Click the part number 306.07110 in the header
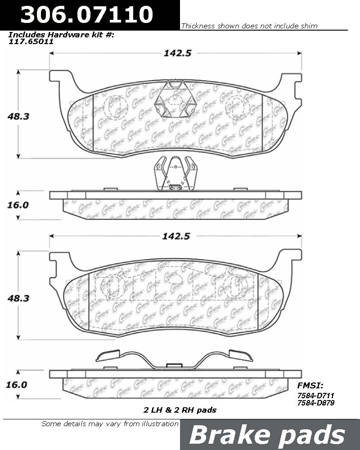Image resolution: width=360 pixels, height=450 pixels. point(87,14)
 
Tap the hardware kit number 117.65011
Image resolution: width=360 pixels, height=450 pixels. point(31,41)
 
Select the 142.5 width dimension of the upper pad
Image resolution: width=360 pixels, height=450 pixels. point(177,53)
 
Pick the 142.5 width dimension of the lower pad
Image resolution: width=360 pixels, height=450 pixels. point(176,236)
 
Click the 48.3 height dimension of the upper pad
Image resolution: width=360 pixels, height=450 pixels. point(18,116)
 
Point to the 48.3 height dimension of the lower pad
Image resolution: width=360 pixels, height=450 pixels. point(18,298)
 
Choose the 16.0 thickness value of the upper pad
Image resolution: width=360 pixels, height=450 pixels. point(18,205)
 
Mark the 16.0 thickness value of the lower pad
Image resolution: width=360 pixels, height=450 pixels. point(16,385)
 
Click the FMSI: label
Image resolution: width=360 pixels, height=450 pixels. point(310,386)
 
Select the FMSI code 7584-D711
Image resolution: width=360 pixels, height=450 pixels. point(316,396)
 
